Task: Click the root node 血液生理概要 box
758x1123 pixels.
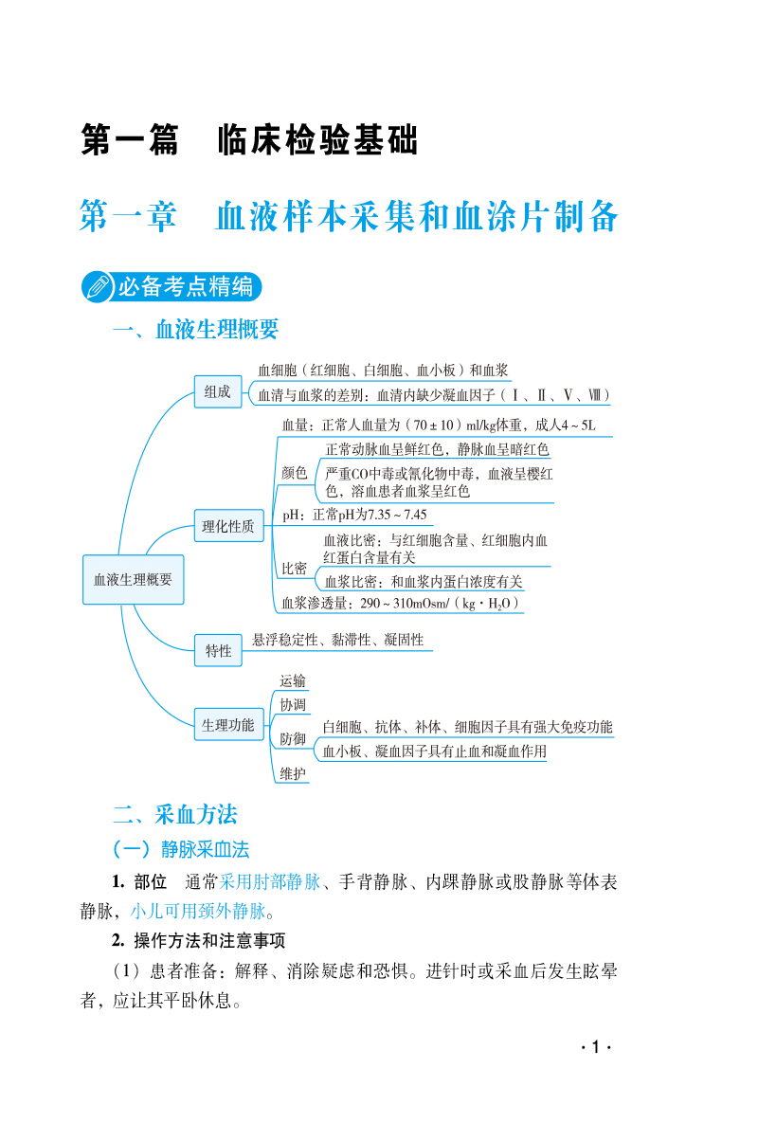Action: click(133, 579)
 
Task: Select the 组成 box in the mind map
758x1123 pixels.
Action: click(217, 392)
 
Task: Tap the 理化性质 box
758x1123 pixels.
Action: click(228, 527)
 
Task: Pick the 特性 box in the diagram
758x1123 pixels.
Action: click(218, 651)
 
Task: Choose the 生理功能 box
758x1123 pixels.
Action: click(227, 726)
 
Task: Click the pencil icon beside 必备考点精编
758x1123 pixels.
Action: click(98, 285)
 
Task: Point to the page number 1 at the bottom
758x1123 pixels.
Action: click(596, 1047)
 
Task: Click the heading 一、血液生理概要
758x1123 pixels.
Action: click(195, 330)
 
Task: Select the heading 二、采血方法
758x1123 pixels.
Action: click(174, 814)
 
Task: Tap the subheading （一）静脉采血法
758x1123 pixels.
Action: click(180, 848)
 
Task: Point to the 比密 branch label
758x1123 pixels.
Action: click(294, 569)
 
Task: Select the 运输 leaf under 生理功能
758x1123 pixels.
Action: click(293, 680)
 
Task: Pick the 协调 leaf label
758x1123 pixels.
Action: click(293, 705)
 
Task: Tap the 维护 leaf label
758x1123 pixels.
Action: click(293, 774)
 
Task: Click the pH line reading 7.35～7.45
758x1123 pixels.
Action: click(355, 516)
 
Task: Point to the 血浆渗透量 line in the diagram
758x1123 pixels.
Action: click(401, 603)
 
